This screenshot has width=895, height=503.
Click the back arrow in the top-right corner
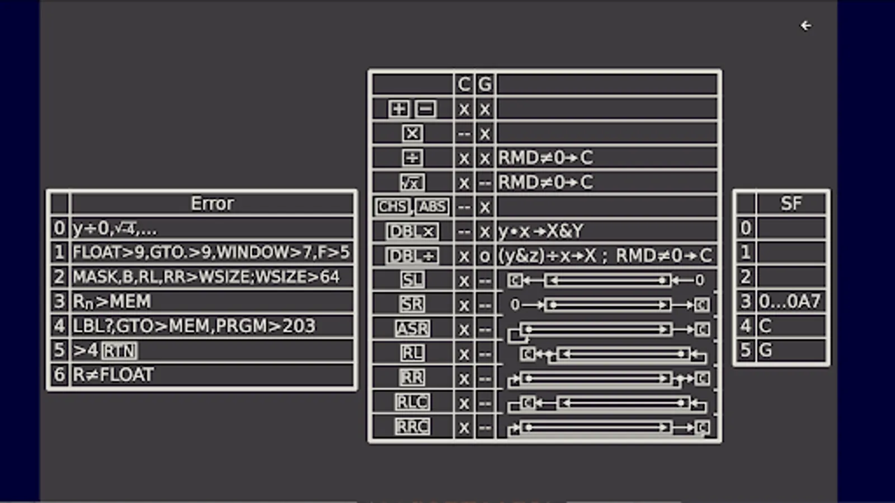coord(805,26)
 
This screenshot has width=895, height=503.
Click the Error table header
coord(212,203)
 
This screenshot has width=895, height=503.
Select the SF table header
coord(791,203)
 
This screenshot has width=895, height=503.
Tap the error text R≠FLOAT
coord(113,374)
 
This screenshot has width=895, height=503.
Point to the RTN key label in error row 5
coord(119,350)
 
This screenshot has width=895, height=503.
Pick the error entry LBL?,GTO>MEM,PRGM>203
coord(194,326)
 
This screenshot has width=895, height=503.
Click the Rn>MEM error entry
coord(112,302)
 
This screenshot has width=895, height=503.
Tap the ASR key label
coord(412,329)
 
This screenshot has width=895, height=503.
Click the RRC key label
coord(412,427)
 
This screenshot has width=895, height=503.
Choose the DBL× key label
coord(412,231)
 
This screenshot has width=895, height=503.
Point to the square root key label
coord(412,182)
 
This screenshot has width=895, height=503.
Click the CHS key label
coord(392,207)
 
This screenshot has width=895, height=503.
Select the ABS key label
coord(432,207)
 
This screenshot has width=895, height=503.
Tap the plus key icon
coord(399,108)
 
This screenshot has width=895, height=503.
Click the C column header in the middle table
coord(464,84)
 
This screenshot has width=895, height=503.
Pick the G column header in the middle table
coord(484,84)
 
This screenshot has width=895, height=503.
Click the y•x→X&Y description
coord(540,231)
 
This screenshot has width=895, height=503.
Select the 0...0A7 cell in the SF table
coord(790,302)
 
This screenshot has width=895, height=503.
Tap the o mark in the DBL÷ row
coord(484,256)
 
